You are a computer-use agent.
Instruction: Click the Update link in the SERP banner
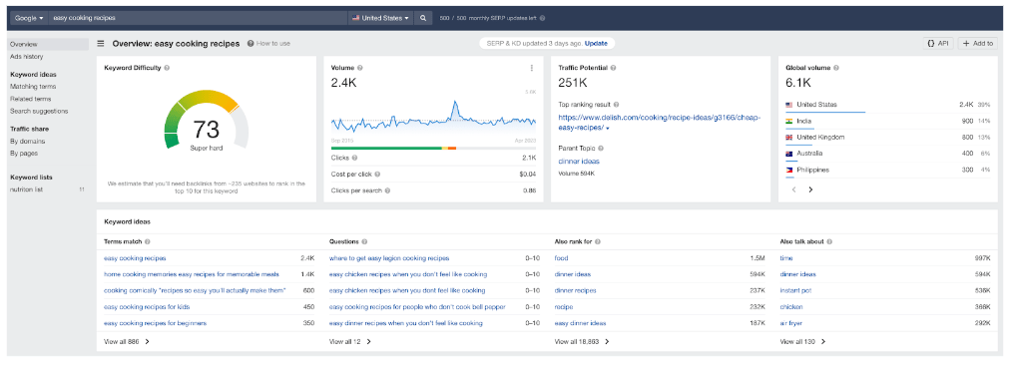tap(596, 44)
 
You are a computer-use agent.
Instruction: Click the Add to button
tap(978, 44)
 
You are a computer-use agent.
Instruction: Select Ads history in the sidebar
tap(26, 57)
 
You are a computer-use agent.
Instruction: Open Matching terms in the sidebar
tap(33, 87)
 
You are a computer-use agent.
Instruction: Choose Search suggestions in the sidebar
tap(39, 111)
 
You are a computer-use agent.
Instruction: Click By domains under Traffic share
tap(28, 141)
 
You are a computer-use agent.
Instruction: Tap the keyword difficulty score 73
tap(207, 130)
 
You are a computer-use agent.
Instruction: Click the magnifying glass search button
tap(422, 18)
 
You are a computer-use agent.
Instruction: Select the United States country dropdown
tap(379, 18)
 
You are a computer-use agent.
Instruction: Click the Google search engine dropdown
tap(27, 18)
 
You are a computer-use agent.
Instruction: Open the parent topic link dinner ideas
tap(578, 161)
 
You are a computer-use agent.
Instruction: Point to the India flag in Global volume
tap(789, 121)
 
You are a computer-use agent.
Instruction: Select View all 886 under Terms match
tap(127, 341)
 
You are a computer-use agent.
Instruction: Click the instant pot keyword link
tap(796, 290)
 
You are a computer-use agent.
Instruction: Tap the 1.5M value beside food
tap(757, 257)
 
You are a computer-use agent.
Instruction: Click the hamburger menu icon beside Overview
tap(101, 44)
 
